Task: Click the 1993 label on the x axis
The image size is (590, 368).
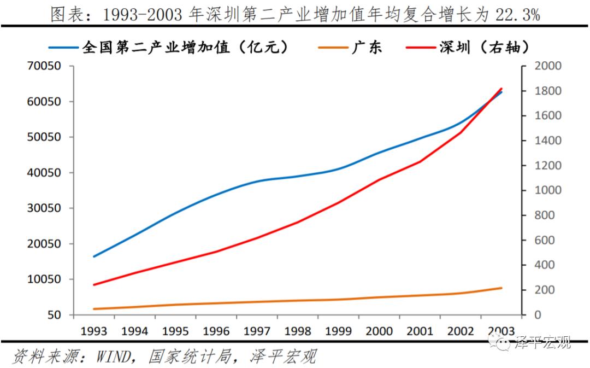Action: pos(94,331)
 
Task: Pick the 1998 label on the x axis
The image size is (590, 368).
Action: pos(298,331)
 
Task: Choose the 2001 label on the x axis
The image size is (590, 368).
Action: pos(420,331)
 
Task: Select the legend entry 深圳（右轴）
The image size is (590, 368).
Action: pos(485,47)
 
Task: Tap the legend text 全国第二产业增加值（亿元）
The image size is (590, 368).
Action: pos(185,47)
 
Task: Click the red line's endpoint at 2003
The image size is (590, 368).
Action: pos(501,89)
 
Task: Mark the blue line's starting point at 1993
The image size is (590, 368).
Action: pos(94,256)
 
